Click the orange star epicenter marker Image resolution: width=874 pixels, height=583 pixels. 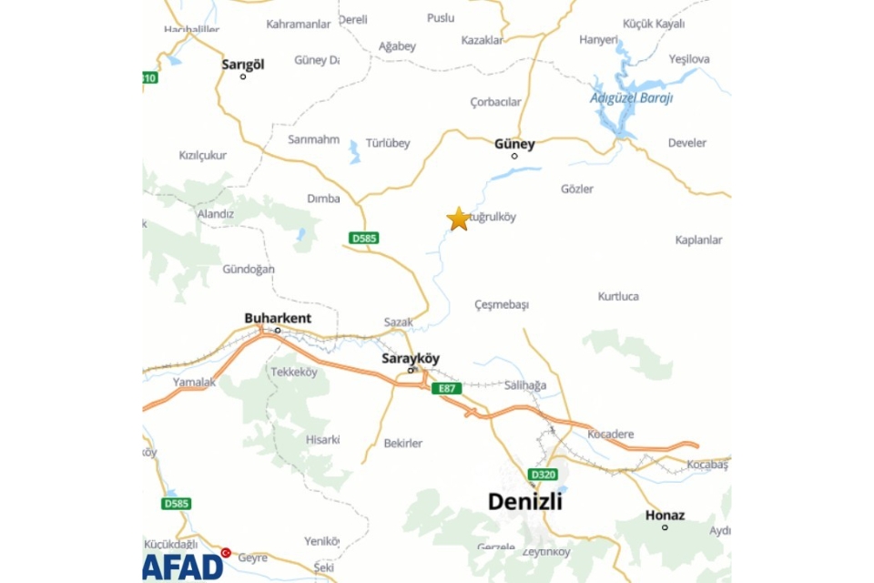[x=458, y=219]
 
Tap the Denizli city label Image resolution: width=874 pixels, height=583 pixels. [x=525, y=501]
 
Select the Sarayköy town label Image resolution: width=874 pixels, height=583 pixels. [x=410, y=358]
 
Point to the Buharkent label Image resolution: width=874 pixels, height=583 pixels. [x=278, y=318]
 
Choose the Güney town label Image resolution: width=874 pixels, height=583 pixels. [x=514, y=143]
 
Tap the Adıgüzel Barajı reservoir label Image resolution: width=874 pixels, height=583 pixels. [x=631, y=97]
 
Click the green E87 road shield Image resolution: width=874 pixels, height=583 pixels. [x=447, y=388]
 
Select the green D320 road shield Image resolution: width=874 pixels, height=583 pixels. [x=541, y=474]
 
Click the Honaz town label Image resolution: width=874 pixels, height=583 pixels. [x=665, y=515]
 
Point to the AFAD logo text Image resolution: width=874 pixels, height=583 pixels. [x=183, y=566]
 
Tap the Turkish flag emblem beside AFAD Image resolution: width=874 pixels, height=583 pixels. [x=226, y=552]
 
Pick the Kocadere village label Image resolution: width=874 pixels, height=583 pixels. [x=611, y=434]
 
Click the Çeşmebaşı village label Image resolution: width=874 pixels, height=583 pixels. [x=502, y=303]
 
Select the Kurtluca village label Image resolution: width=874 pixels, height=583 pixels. [x=618, y=296]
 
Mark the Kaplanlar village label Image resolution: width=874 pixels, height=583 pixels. [x=698, y=240]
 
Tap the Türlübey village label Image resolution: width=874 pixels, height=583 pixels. [x=388, y=143]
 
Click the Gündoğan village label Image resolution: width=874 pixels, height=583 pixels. [x=249, y=269]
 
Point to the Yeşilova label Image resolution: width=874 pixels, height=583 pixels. [x=689, y=59]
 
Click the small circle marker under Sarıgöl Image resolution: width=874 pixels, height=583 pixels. [x=243, y=77]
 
